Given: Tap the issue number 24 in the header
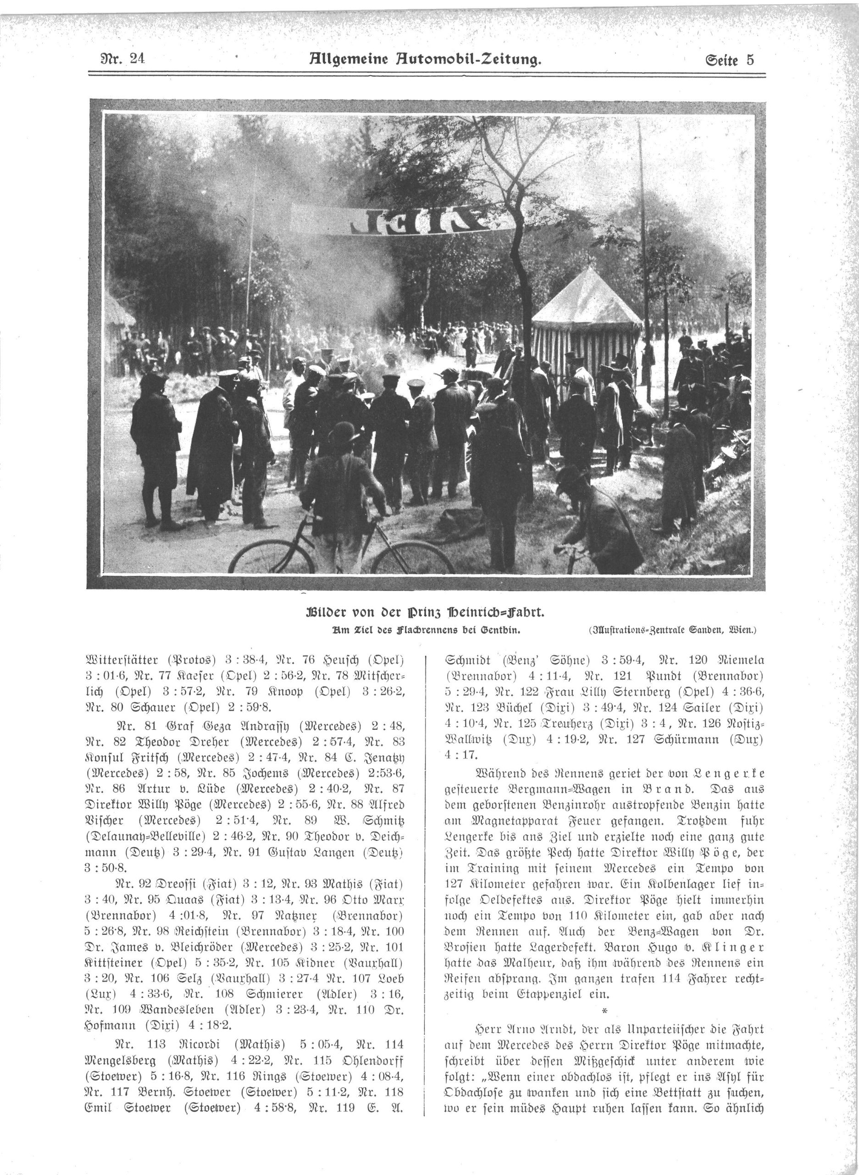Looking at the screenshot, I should (137, 59).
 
